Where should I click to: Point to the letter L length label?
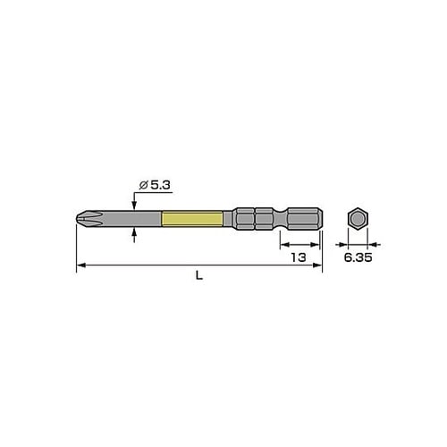tap(199, 276)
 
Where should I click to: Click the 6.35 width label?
tap(358, 257)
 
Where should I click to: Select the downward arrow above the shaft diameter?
tap(134, 205)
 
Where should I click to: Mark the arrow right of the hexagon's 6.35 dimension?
tap(373, 242)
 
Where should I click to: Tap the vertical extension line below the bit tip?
tap(76, 246)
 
